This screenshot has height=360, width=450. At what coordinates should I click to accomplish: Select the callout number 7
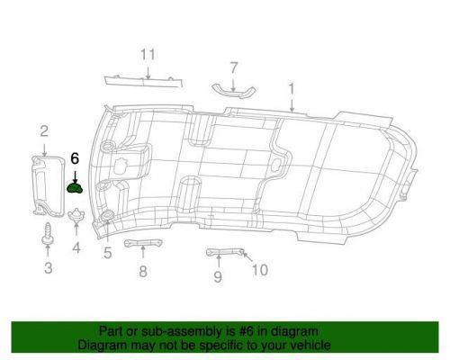tap(234, 67)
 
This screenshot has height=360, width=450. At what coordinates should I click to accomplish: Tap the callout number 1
tap(292, 88)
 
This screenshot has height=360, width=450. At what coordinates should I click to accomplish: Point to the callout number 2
tap(43, 134)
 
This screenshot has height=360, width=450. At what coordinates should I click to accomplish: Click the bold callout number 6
tap(75, 157)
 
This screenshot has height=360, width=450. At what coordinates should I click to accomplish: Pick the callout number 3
tap(49, 267)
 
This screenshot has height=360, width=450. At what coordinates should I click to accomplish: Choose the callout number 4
tap(76, 247)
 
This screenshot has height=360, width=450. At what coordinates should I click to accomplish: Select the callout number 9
tap(218, 277)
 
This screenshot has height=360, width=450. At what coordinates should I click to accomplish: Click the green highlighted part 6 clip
tap(76, 188)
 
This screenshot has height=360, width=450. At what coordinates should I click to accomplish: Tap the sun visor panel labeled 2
tap(43, 182)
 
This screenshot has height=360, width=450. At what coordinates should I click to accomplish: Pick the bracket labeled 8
tap(141, 245)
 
